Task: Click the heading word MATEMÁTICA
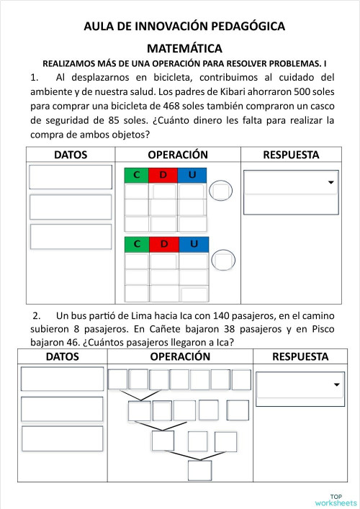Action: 184,48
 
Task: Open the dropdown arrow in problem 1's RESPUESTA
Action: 331,183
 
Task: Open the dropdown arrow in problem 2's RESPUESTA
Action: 336,385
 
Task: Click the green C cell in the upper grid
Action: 136,176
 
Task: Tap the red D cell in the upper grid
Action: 163,176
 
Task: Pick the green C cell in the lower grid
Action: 136,244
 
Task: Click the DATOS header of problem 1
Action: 71,155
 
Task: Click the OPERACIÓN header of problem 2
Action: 180,356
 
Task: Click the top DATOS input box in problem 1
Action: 71,177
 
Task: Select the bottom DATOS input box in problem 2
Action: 62,438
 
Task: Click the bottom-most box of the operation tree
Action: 199,469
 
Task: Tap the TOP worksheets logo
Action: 336,499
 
